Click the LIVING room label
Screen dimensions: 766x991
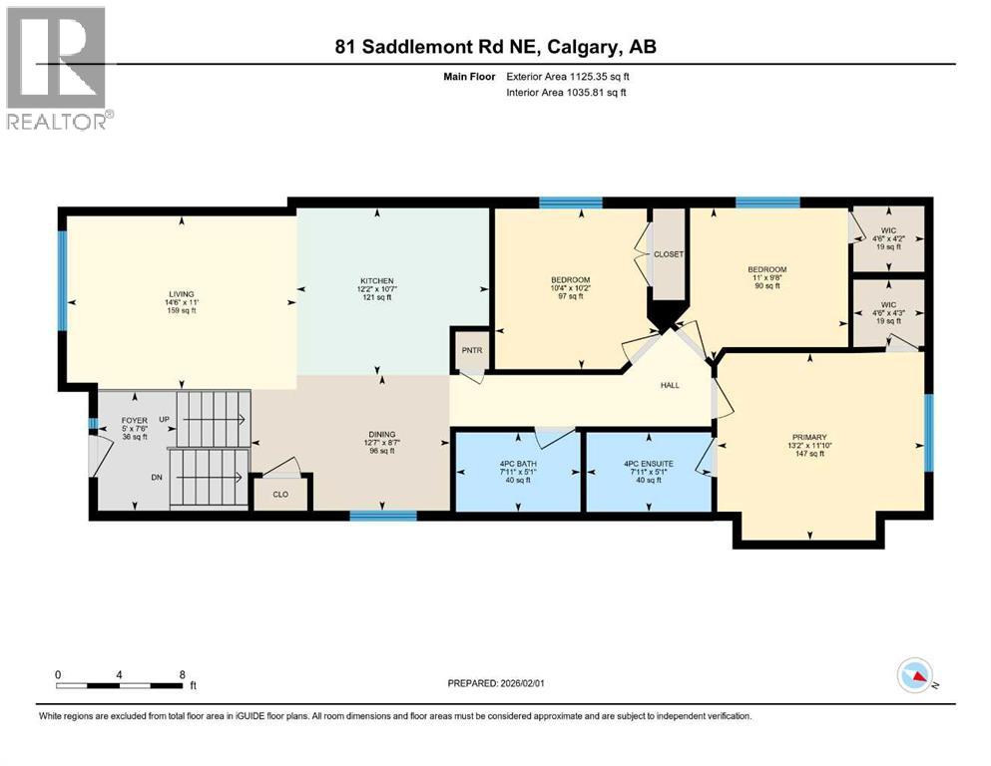180,293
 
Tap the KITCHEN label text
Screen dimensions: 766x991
377,281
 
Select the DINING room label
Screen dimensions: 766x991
381,435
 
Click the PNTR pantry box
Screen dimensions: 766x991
471,352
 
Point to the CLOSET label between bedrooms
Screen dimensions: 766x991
668,254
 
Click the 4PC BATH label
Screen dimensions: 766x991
516,464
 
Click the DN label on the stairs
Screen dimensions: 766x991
157,478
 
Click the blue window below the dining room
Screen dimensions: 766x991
382,516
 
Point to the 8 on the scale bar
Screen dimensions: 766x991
181,674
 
